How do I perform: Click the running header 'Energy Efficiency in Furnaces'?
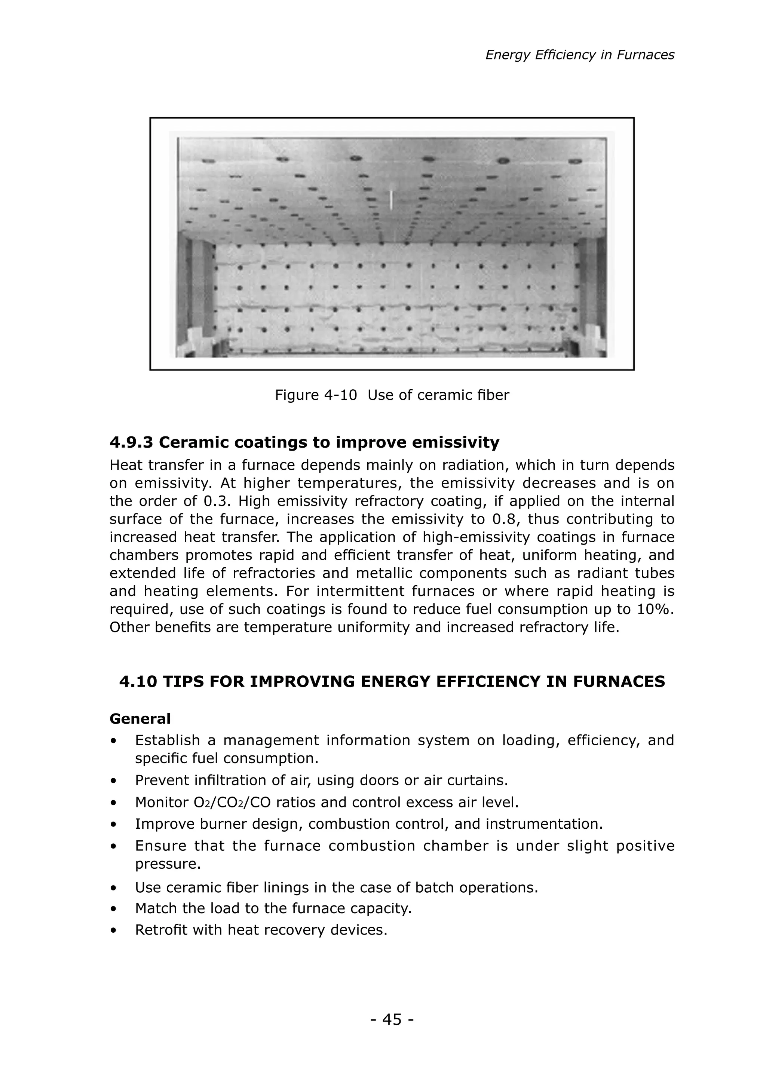[x=580, y=55]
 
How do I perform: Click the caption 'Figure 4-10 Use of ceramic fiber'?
[x=392, y=395]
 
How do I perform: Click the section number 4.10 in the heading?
[x=138, y=682]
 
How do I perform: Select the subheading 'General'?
[x=140, y=719]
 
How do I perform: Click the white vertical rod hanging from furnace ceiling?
[x=391, y=200]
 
